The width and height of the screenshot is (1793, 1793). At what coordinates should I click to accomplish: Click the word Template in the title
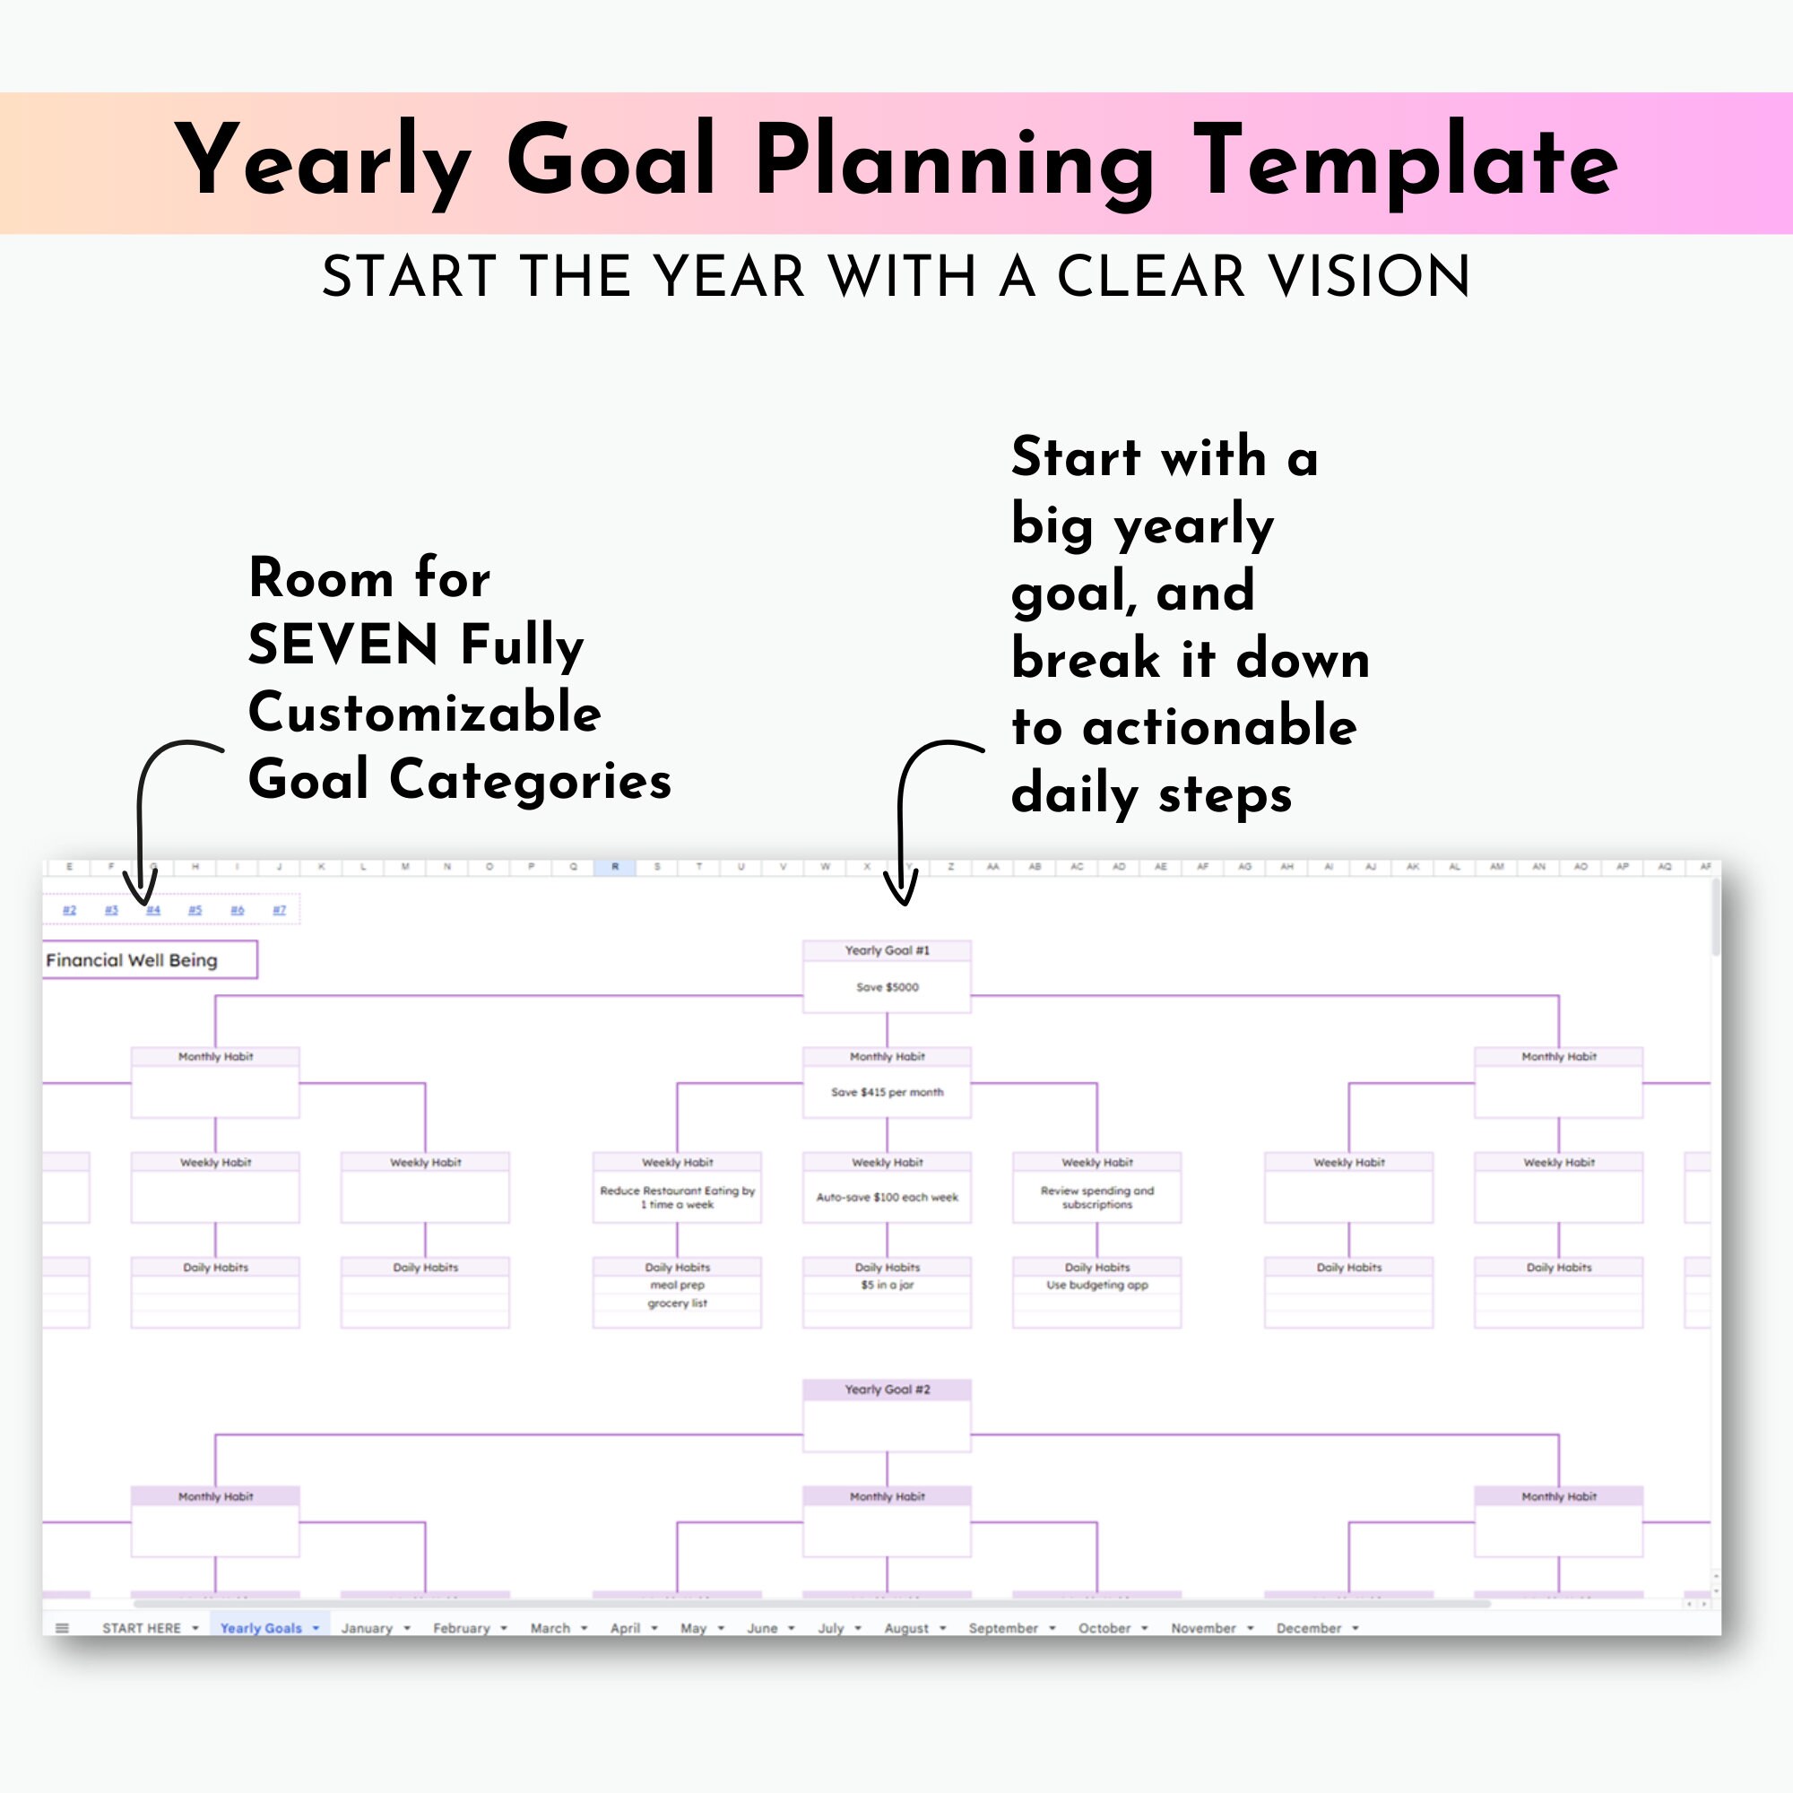point(1405,161)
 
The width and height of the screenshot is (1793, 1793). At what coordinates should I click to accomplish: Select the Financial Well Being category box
point(149,959)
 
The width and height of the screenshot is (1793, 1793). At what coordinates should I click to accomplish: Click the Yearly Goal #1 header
point(887,950)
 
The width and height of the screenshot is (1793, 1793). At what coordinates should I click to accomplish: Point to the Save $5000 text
point(887,986)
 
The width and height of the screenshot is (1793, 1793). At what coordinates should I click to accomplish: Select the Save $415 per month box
point(887,1092)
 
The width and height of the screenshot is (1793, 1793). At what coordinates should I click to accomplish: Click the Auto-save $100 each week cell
point(887,1197)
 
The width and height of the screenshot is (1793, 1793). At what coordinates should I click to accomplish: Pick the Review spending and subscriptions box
point(1097,1197)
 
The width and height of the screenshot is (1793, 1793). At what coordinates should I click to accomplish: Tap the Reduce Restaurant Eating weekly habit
point(677,1197)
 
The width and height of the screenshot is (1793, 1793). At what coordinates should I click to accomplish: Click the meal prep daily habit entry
point(677,1286)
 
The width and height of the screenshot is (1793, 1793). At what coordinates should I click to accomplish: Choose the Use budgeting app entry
point(1097,1286)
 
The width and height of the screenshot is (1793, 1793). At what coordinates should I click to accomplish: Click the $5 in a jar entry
point(887,1286)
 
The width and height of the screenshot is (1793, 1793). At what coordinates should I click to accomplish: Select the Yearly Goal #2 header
point(887,1390)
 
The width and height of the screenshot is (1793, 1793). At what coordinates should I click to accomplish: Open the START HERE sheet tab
point(141,1629)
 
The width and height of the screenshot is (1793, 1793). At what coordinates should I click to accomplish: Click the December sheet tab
point(1309,1629)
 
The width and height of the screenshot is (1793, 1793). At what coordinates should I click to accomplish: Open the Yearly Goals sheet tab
point(261,1629)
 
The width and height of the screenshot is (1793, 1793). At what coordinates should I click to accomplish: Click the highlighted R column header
point(614,867)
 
